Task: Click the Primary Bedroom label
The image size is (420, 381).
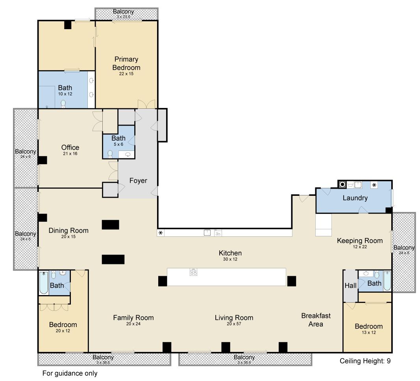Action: coord(126,63)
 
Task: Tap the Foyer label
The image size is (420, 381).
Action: coord(138,180)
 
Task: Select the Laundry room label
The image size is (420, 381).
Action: coord(355,198)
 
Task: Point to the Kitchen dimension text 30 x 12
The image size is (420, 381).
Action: coord(230,259)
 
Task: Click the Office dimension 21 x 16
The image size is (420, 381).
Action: coord(70,154)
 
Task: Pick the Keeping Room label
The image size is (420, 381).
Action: coord(360,241)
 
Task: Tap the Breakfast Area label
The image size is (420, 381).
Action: coord(316,320)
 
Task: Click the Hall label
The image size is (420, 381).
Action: coord(351,286)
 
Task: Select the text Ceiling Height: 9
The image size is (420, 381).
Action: coord(365,361)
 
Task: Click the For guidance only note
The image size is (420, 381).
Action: coord(70,373)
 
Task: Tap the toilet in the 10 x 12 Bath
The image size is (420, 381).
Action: coord(63,104)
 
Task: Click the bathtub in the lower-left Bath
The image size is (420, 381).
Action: coord(44,282)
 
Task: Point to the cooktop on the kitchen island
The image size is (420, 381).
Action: coord(193,272)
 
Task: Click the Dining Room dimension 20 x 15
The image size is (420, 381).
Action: coord(68,236)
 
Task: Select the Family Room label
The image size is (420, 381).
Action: coord(133,318)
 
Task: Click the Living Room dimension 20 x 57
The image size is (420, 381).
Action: coord(234,323)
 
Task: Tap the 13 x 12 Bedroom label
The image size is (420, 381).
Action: coord(368,326)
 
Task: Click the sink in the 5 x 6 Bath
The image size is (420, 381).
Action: coord(128,154)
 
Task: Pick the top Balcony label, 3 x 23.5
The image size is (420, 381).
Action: coord(123,11)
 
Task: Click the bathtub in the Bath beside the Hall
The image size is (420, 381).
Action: coord(387,281)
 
